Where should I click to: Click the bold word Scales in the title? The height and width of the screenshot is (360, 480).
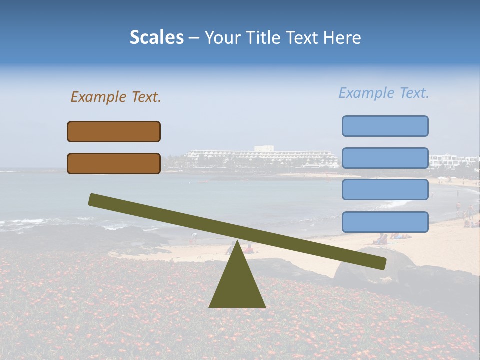(156, 37)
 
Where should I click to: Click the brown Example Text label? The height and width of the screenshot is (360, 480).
(116, 97)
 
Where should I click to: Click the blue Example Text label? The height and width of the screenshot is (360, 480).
(384, 93)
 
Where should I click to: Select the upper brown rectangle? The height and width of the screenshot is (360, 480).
(114, 131)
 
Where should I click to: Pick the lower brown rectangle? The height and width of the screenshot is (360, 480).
(114, 163)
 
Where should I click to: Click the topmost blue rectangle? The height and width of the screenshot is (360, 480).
(385, 126)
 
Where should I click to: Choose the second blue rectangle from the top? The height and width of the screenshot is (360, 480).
(385, 158)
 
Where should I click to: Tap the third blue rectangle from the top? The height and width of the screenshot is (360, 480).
(385, 190)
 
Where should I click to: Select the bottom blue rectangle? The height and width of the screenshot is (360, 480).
(385, 222)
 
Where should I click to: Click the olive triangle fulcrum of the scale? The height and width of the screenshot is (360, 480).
(237, 285)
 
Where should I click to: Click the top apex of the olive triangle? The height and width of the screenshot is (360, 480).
(237, 243)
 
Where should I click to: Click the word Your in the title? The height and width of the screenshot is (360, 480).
(222, 37)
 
